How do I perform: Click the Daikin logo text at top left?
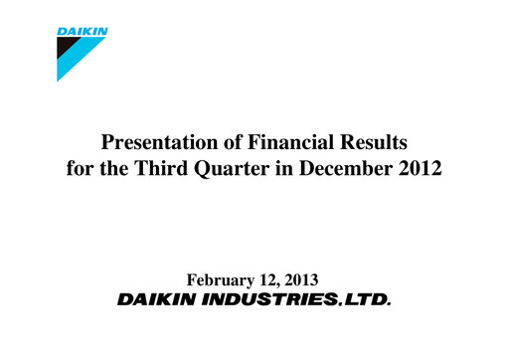(x=82, y=31)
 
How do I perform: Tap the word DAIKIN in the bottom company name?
(x=159, y=299)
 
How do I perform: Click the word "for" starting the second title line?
(x=80, y=167)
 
